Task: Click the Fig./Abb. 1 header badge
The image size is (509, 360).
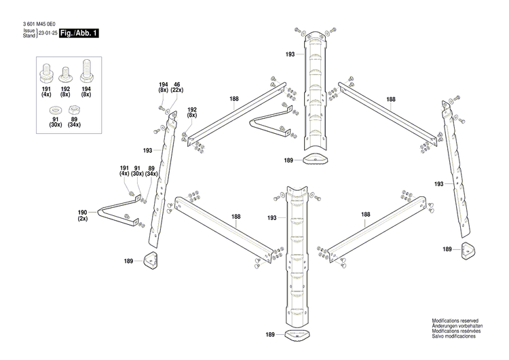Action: click(78, 33)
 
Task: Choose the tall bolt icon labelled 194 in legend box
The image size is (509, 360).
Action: click(86, 70)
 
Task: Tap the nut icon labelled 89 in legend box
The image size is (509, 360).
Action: click(75, 109)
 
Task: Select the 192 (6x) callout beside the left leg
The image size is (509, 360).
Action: click(192, 113)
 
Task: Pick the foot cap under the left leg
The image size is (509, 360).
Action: click(151, 260)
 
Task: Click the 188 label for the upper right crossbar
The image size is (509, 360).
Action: click(391, 99)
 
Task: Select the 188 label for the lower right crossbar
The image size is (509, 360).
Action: click(366, 215)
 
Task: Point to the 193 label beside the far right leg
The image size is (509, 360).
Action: click(439, 184)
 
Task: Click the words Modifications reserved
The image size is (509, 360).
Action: click(455, 321)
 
